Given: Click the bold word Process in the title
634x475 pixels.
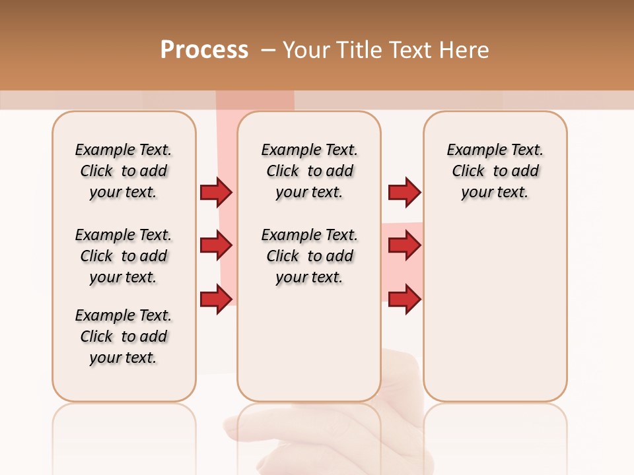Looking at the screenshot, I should click(x=204, y=50).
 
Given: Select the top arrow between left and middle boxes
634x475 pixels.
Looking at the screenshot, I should click(x=216, y=192).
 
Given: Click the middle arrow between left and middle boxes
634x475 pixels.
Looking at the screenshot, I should click(x=216, y=245).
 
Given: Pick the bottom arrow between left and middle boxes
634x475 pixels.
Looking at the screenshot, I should click(x=216, y=300).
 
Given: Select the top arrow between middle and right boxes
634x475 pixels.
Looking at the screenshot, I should click(x=404, y=192).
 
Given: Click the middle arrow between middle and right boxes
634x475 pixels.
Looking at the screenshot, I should click(x=404, y=245).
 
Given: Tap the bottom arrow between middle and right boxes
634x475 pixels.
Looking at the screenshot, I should click(x=404, y=300).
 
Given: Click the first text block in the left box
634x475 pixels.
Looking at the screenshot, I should click(x=123, y=171).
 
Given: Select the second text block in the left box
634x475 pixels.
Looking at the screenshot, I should click(x=123, y=256).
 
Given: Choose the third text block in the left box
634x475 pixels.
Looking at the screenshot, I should click(x=123, y=336).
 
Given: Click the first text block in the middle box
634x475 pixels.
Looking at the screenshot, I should click(x=310, y=171).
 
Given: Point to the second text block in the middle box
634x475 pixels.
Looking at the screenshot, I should click(x=310, y=256).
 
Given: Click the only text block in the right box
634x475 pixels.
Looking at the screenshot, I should click(x=495, y=171).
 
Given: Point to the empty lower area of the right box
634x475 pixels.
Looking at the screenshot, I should click(x=495, y=317).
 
